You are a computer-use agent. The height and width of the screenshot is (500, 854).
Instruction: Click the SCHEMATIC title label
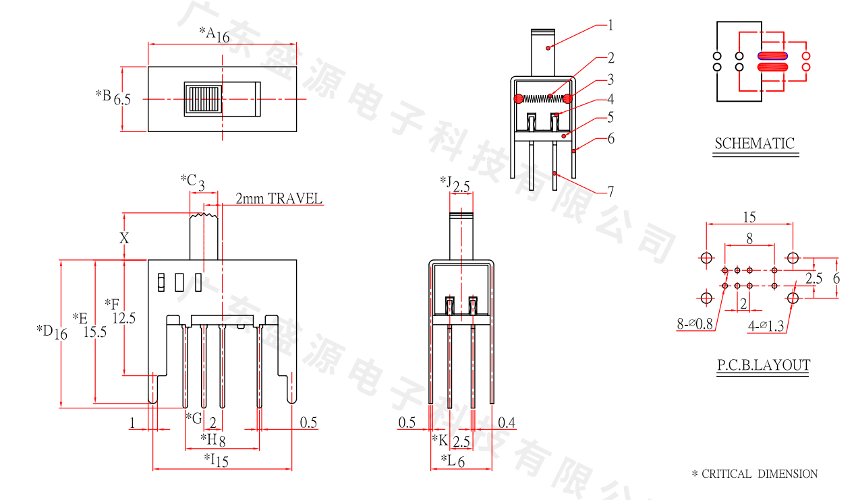point(754,144)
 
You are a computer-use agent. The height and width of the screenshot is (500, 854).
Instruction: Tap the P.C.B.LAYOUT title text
point(763,365)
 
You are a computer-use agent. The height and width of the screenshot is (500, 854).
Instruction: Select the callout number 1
point(610,26)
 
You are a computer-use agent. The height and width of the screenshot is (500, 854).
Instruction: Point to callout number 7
point(610,192)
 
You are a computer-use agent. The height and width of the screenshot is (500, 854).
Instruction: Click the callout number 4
point(610,99)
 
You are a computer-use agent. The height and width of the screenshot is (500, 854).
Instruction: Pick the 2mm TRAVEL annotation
point(279,199)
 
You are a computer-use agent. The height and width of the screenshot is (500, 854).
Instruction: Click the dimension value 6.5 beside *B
point(122,100)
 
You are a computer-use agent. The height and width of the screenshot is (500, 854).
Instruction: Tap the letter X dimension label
point(124,238)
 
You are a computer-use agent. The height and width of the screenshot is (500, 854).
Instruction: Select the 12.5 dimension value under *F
point(124,318)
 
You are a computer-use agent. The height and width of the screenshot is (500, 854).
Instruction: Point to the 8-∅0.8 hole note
point(695,324)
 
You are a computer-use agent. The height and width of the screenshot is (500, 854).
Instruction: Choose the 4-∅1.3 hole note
point(766,326)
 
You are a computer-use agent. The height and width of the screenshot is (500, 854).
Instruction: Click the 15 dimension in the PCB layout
point(749,217)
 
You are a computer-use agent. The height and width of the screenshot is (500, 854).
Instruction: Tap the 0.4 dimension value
point(507,423)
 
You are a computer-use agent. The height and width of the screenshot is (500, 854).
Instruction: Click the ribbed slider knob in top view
point(204,100)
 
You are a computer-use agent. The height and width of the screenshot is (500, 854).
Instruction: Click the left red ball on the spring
point(518,99)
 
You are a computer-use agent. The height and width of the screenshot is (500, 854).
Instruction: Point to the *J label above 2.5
point(445,182)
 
